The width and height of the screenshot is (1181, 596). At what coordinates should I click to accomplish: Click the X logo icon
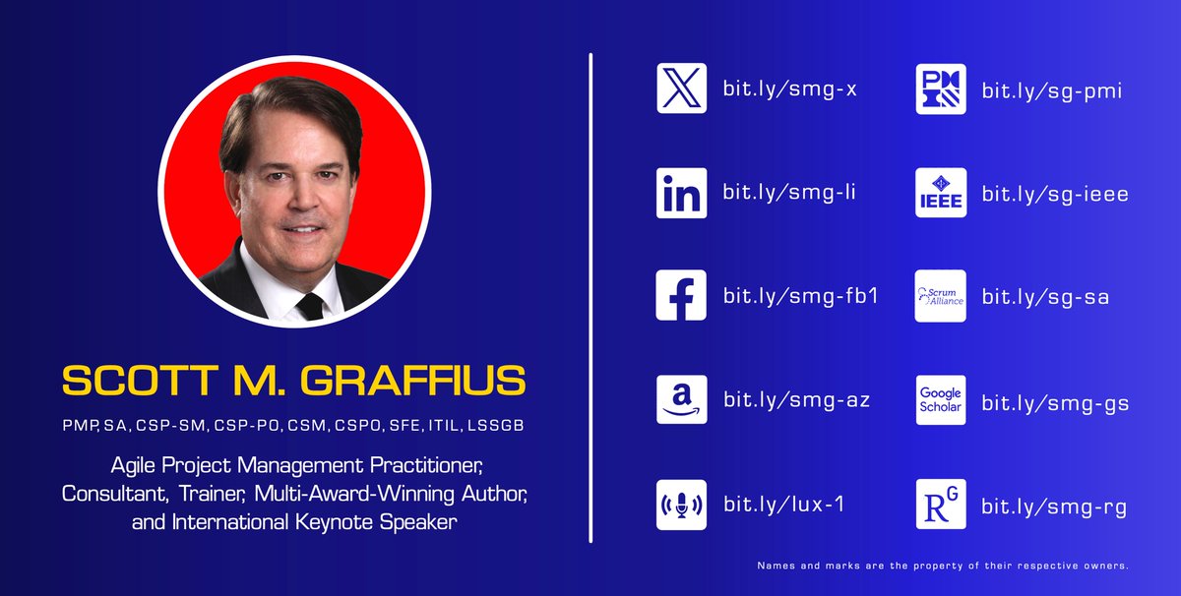(681, 89)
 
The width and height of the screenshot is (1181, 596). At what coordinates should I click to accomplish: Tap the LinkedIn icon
(681, 193)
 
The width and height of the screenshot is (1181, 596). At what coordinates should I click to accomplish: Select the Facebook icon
(681, 296)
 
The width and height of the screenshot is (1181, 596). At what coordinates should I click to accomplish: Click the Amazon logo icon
(681, 399)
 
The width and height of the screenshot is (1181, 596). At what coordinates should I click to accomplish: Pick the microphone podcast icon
(681, 505)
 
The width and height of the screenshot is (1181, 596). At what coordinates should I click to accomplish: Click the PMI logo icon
(941, 89)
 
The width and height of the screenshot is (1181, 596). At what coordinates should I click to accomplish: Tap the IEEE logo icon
(941, 193)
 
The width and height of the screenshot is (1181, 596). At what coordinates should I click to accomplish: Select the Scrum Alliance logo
(941, 296)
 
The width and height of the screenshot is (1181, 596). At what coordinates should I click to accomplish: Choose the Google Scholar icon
(941, 399)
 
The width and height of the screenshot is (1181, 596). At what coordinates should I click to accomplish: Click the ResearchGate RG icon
(941, 505)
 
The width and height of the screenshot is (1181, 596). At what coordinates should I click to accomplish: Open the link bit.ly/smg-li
(789, 194)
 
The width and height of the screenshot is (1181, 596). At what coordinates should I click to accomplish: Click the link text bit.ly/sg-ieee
(1054, 194)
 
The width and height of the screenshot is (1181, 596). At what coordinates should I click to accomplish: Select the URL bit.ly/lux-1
(783, 506)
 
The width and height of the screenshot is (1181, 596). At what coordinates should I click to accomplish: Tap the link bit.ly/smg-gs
(1054, 402)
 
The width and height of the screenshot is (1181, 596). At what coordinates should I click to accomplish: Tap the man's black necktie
(309, 302)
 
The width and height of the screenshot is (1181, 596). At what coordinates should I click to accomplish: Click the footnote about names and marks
(942, 566)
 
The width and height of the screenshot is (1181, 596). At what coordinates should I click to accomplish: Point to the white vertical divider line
(590, 295)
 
